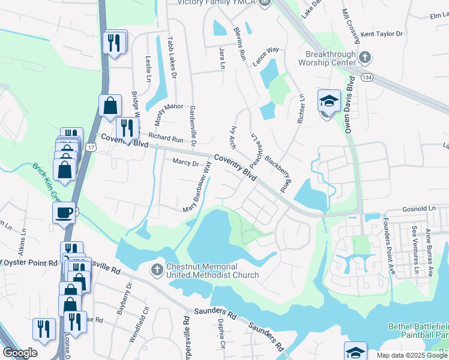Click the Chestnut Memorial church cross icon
click(x=157, y=268)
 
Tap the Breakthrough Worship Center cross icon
click(x=365, y=58)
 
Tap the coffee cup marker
click(x=64, y=212)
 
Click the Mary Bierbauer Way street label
click(x=200, y=187)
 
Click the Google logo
click(x=20, y=353)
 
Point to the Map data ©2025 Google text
click(x=411, y=355)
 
